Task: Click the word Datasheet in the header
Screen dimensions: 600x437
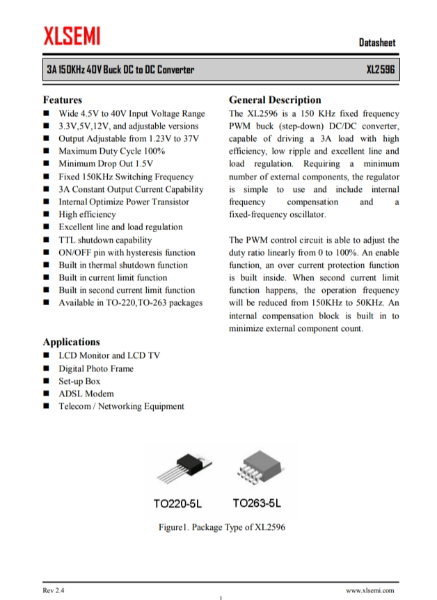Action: (377, 42)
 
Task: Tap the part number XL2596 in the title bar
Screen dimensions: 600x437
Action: (381, 70)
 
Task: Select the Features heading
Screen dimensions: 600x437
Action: (63, 100)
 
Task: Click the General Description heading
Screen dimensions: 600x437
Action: (275, 100)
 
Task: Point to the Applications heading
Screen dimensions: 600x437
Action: (71, 342)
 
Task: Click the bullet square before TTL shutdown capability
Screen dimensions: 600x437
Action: (46, 240)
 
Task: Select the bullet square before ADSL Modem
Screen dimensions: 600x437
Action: (46, 394)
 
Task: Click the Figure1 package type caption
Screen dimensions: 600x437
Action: (221, 527)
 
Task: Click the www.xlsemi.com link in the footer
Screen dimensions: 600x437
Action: (370, 590)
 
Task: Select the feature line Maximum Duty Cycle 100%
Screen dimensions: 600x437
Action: (111, 151)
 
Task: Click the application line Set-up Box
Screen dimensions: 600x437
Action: (79, 381)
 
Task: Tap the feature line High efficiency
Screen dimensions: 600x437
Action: (87, 214)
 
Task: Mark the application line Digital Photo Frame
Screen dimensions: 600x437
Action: (95, 368)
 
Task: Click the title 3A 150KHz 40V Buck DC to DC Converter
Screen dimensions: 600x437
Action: (120, 70)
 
